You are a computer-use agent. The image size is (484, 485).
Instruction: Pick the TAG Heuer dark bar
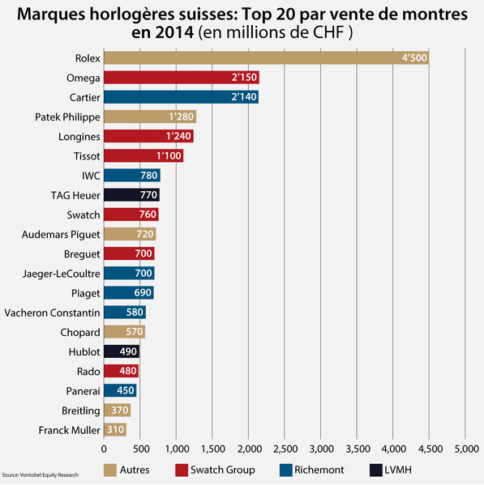[x=131, y=195]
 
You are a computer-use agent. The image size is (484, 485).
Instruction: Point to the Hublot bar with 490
[x=122, y=352]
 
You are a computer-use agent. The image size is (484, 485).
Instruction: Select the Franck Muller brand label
[x=69, y=430]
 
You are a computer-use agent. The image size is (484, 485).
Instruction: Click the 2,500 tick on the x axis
[x=285, y=448]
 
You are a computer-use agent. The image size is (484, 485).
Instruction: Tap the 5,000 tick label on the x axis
[x=465, y=448]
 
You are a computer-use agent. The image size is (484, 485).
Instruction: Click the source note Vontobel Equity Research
[x=41, y=474]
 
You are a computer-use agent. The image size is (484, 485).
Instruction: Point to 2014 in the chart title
[x=175, y=34]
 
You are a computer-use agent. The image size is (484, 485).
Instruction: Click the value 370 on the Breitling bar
[x=119, y=411]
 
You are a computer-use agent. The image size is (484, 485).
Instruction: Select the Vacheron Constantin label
[x=53, y=313]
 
